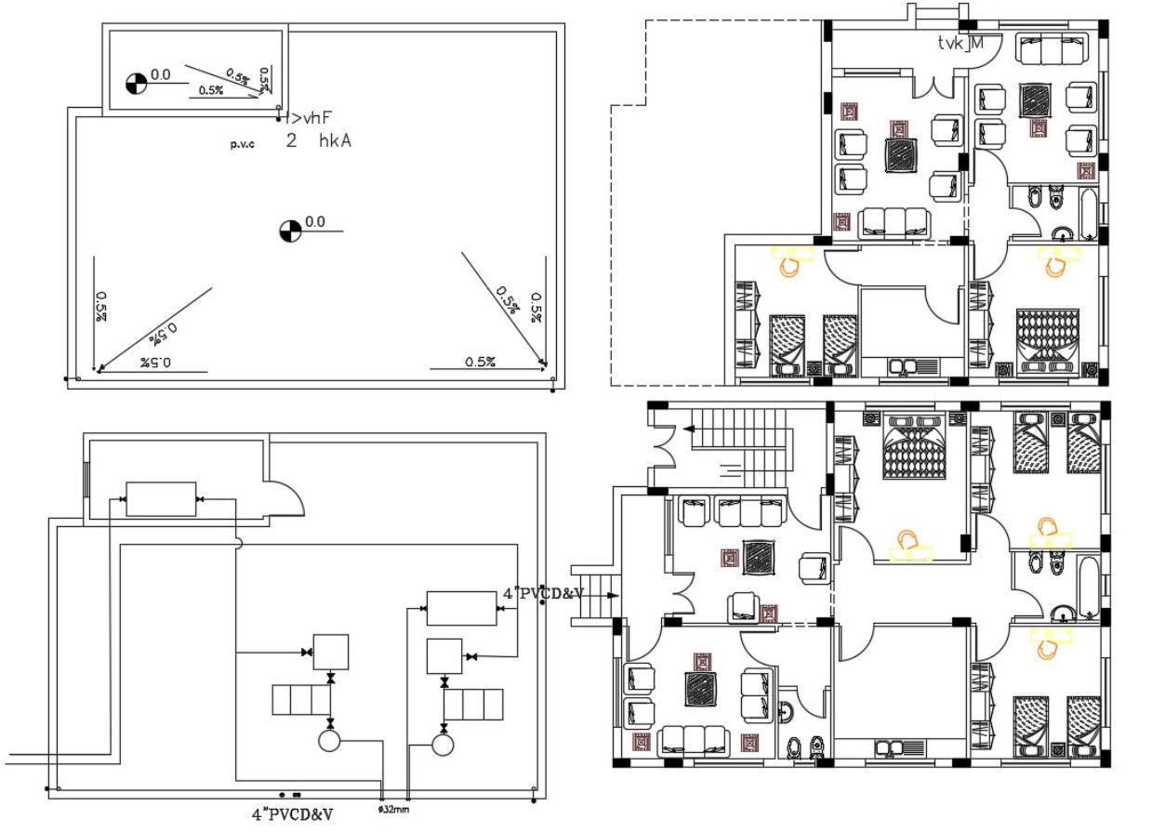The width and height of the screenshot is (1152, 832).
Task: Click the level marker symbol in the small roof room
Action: pos(136,83)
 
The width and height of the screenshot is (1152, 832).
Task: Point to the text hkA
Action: pos(334,141)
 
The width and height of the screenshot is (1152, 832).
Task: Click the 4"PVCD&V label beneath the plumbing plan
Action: pos(291,814)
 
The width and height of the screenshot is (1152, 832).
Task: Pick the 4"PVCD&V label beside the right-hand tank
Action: pos(543,593)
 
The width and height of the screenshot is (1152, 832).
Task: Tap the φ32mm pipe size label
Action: pos(393,810)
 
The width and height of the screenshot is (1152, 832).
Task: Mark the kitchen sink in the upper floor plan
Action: pos(902,366)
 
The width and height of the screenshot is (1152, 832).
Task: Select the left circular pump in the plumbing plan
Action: pos(329,741)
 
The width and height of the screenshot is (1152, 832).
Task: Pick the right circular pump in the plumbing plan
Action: pos(444,744)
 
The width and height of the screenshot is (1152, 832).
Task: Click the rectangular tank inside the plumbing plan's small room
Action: pos(160,499)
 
